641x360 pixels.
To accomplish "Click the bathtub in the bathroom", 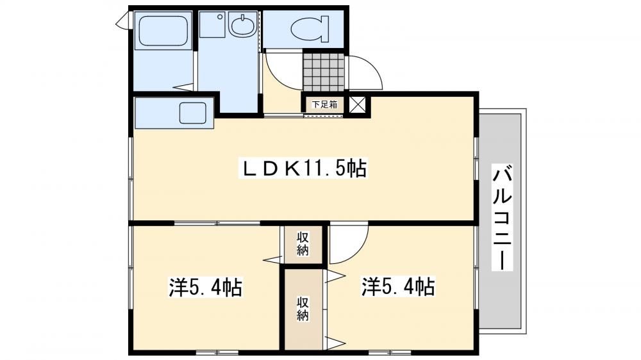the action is point(163,31).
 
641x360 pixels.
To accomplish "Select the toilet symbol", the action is point(310,29).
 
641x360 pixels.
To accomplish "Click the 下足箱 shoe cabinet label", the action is point(325,104).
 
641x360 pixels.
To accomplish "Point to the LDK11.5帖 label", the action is point(303,168).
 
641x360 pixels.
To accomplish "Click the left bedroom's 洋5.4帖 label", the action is point(206,287).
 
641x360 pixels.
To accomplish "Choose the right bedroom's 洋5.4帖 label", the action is point(398,286).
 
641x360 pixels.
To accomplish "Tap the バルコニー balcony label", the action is point(502,217).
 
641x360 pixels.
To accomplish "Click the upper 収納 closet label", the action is point(303,243).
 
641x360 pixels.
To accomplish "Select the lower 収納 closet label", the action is point(303,309).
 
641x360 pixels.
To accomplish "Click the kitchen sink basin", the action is point(192,113).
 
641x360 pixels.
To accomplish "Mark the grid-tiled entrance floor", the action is point(324,72).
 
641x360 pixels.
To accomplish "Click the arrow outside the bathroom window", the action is point(122,20).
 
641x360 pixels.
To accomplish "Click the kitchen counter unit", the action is point(174,113).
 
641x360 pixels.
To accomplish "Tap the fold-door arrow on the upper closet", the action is point(272,259).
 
